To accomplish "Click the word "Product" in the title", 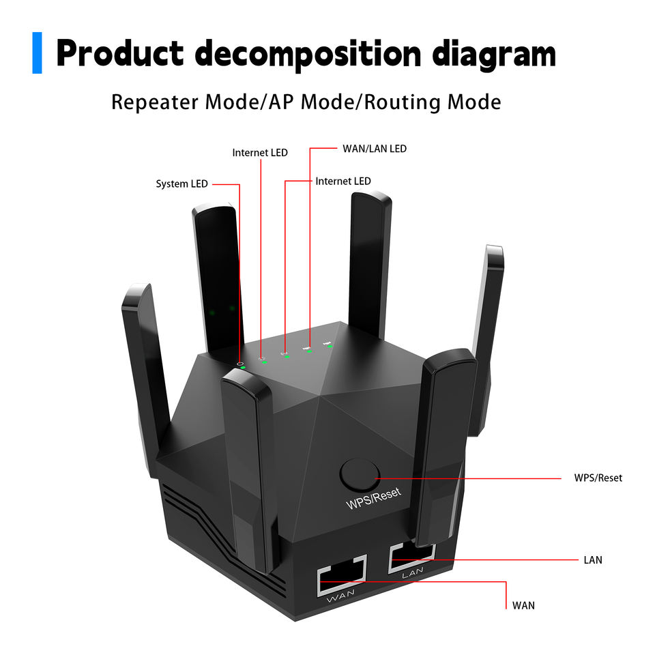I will point(121,54).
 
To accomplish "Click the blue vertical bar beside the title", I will point(37,53).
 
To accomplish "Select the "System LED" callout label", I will point(181,184).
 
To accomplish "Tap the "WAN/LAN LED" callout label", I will point(375,148).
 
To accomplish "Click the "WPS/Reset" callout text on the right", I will point(598,478).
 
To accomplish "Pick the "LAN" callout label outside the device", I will point(593,560).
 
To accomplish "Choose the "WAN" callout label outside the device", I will point(523,605).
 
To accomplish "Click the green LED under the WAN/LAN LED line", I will point(309,351).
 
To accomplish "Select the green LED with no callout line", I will point(330,346).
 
